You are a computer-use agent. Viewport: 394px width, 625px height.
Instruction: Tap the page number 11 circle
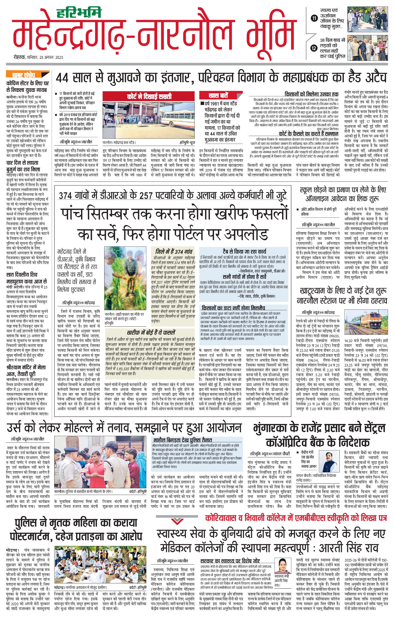(x=314, y=18)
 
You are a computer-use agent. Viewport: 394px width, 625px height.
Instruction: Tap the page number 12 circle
(x=314, y=48)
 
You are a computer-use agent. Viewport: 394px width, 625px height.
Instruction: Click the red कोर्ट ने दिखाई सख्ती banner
(x=149, y=97)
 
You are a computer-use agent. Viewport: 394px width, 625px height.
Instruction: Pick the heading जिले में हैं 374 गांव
(x=174, y=251)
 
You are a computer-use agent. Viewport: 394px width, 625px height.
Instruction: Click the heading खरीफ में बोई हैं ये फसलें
(x=151, y=332)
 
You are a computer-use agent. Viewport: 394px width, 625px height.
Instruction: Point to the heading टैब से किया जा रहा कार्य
(x=244, y=251)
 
